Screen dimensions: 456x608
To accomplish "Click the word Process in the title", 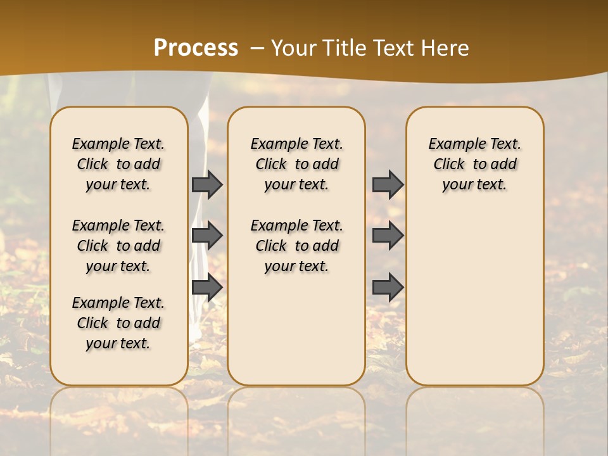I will coord(196,48).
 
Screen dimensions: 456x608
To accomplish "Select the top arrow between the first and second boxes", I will coord(206,184).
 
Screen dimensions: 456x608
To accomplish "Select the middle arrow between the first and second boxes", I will coord(206,236).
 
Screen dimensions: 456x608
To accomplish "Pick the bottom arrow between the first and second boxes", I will coord(206,287).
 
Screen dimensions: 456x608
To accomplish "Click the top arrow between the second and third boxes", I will coord(388,184).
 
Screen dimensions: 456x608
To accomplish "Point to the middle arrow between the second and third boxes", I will coord(388,236).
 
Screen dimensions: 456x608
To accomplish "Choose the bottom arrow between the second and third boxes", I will coord(388,287).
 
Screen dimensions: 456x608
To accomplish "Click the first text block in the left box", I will coord(118,164).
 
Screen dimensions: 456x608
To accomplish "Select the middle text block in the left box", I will coord(118,246).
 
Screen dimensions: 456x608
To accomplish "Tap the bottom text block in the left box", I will coord(118,323).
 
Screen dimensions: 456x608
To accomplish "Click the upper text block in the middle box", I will coord(296,164).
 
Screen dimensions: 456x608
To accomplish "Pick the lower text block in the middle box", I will coord(296,246).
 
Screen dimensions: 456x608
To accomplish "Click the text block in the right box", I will coord(475,164).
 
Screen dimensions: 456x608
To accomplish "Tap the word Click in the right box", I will coord(449,165).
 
